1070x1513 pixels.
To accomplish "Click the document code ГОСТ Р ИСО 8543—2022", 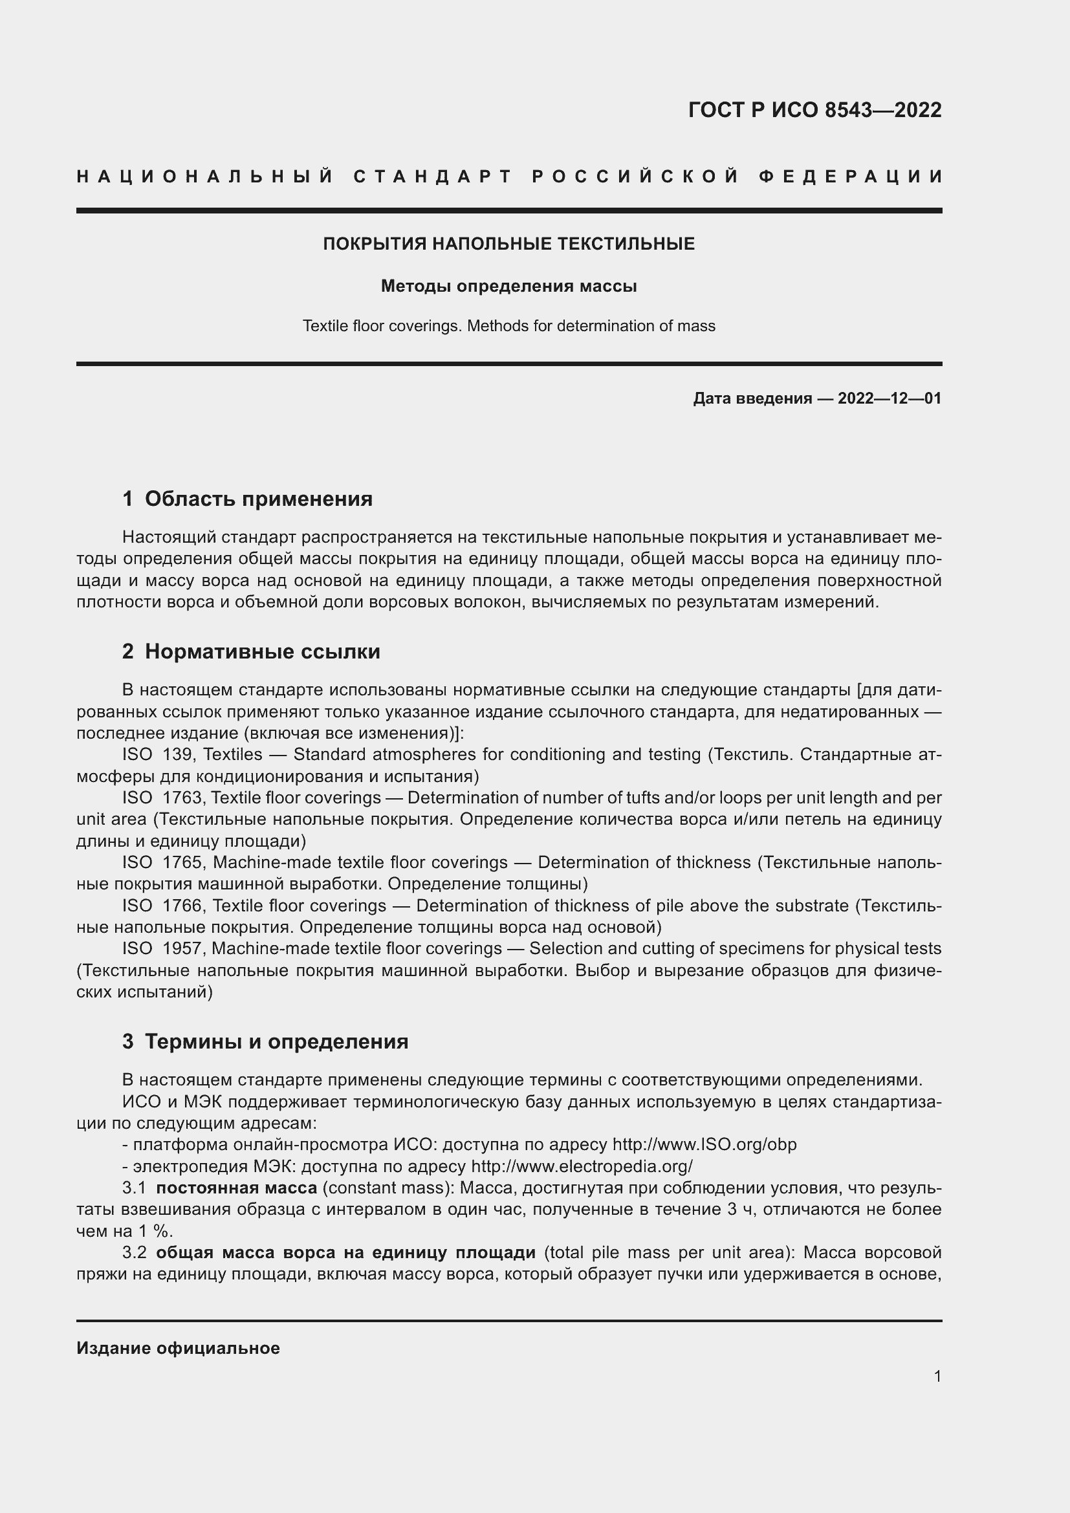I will tap(814, 110).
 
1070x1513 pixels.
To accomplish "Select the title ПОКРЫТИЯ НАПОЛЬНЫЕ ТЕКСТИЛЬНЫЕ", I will tap(508, 245).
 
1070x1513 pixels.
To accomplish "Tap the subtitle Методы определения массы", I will tap(508, 287).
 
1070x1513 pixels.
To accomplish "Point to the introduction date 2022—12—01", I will tap(889, 398).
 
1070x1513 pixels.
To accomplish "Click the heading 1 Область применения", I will tap(247, 499).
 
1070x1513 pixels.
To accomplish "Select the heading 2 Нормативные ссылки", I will tap(251, 652).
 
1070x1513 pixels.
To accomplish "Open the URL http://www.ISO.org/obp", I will tap(704, 1145).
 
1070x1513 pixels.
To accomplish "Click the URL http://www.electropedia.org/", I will tap(582, 1166).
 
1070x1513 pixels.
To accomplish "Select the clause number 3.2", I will tap(135, 1253).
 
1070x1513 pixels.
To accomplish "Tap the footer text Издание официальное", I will tap(178, 1349).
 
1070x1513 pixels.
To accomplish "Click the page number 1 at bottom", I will tap(937, 1377).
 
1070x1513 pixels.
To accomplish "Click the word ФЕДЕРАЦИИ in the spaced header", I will tap(851, 177).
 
